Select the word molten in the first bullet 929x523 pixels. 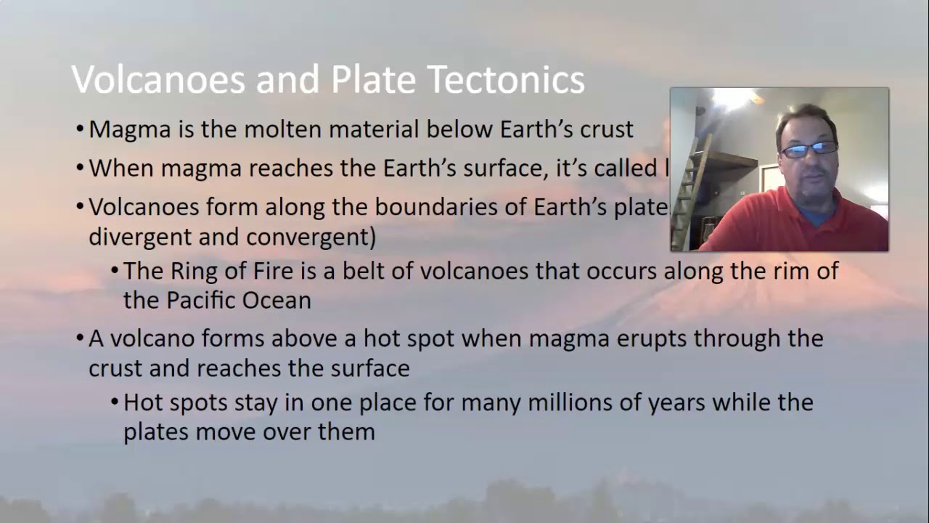pyautogui.click(x=283, y=129)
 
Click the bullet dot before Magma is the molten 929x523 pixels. pyautogui.click(x=80, y=130)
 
